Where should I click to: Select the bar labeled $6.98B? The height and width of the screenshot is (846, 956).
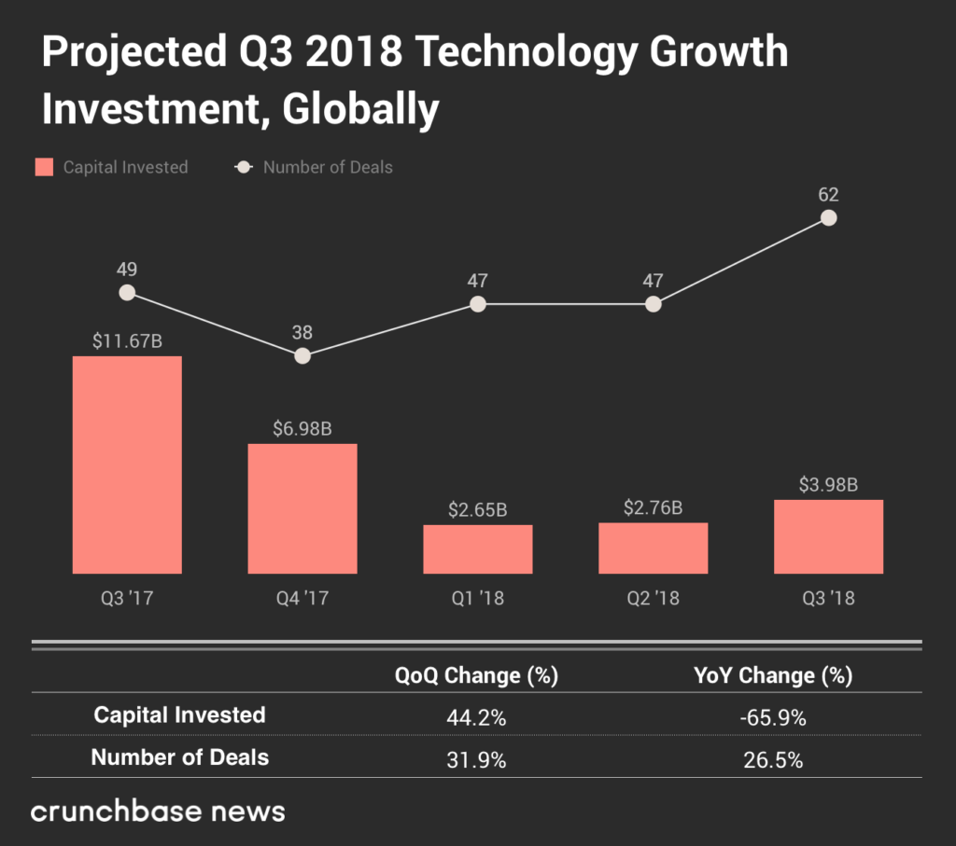coord(302,508)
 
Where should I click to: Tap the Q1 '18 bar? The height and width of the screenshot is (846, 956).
coord(477,549)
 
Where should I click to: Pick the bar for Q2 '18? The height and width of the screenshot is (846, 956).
coord(653,548)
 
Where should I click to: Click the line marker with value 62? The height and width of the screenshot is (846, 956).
coord(828,217)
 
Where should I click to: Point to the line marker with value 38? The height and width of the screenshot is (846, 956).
coord(302,355)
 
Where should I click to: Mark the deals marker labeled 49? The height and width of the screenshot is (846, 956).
coord(127,292)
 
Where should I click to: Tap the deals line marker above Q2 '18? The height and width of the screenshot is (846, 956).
coord(653,304)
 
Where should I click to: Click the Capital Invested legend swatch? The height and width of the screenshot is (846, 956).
coord(44,168)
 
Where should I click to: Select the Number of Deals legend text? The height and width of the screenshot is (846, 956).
coord(328,168)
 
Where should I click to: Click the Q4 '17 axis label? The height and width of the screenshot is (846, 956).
coord(302,598)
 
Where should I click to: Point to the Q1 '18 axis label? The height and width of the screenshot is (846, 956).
coord(477,598)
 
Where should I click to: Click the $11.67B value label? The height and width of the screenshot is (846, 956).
coord(127,341)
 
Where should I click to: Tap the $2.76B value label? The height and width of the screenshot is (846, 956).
coord(653,508)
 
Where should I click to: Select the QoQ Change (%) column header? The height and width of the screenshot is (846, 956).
coord(476,675)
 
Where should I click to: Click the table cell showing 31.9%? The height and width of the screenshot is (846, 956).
coord(476,760)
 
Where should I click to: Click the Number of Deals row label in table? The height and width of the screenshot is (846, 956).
coord(179,757)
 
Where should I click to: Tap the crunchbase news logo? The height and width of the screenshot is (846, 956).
coord(158,811)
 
